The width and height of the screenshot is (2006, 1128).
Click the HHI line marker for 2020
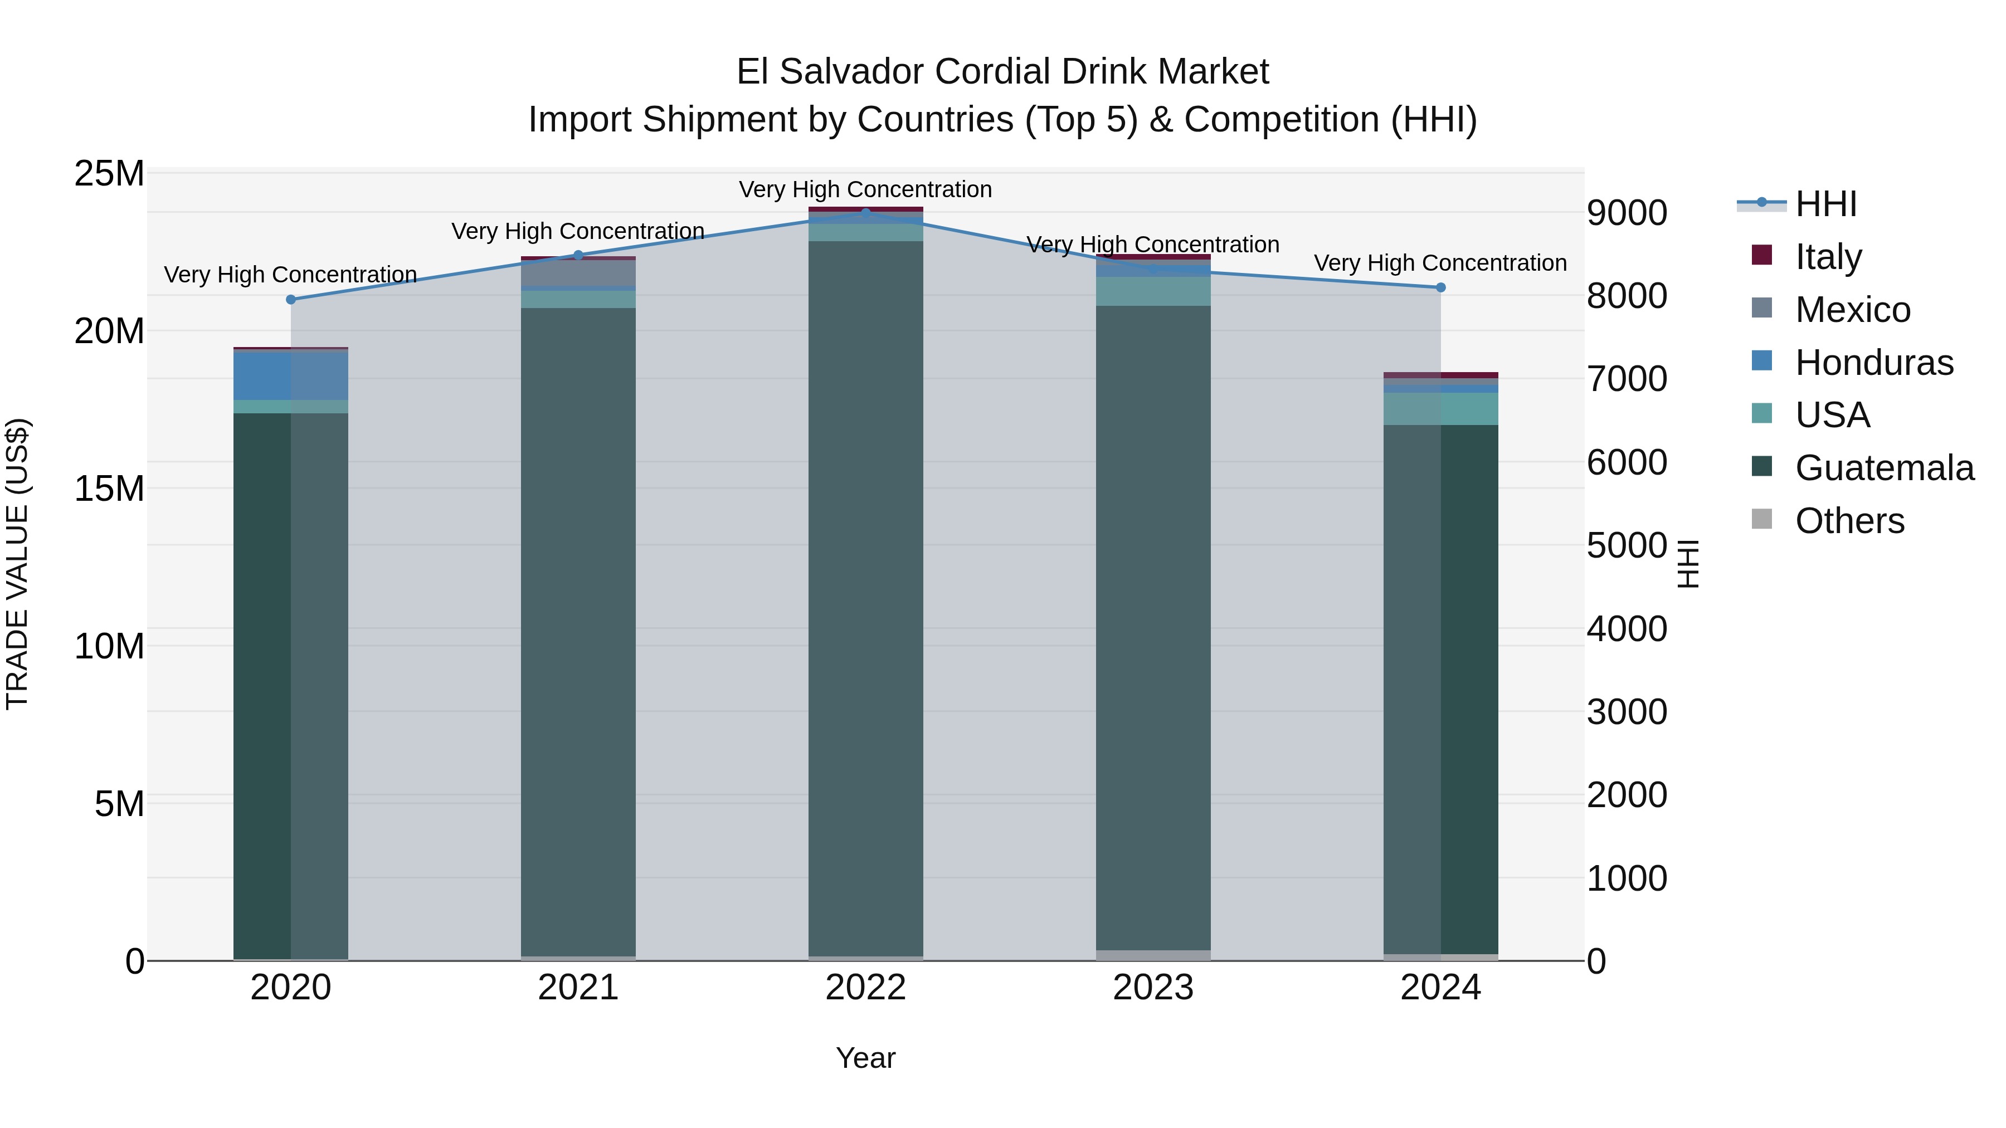coord(290,300)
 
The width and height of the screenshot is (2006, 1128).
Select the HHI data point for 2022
coord(865,213)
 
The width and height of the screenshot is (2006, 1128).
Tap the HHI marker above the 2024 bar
coord(1440,287)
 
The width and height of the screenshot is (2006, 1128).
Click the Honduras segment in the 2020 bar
coord(290,376)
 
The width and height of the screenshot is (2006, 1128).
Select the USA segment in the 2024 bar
coord(1440,409)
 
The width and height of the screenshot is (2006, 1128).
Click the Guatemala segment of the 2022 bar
coord(865,599)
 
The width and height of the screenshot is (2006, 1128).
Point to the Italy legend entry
coord(1828,256)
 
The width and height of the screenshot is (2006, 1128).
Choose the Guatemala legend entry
coord(1884,468)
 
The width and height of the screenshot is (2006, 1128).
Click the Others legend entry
coord(1849,521)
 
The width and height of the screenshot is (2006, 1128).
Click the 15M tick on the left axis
coord(110,489)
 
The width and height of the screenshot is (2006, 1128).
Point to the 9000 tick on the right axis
coord(1627,213)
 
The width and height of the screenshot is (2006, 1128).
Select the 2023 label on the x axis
coord(1152,988)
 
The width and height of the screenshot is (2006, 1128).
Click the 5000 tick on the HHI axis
coord(1627,546)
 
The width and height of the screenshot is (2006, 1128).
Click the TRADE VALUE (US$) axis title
coord(17,564)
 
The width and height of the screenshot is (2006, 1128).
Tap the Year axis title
coord(865,1058)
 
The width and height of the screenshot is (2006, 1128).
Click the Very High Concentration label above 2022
coord(865,189)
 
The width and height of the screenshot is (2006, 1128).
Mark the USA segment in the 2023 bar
coord(1152,291)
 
